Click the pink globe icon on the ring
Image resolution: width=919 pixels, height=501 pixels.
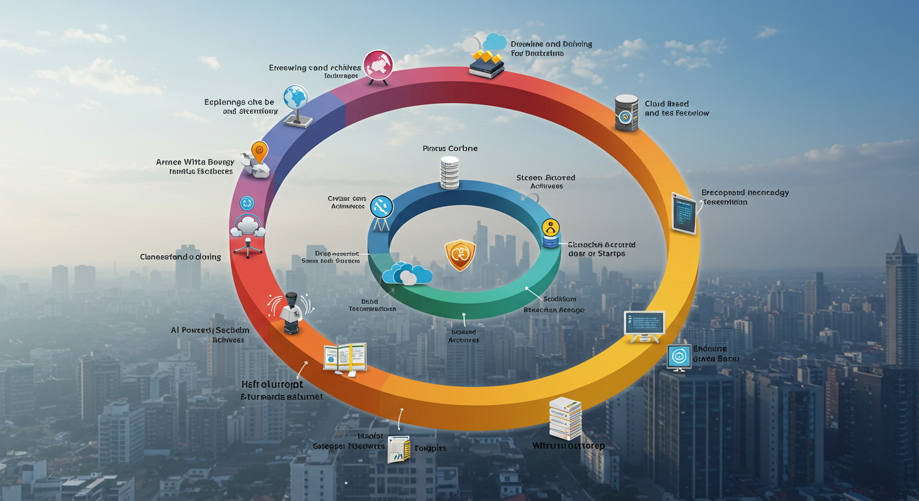click(x=377, y=65)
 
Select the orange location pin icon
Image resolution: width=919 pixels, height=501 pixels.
click(x=259, y=152)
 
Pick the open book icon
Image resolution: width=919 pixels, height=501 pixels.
click(x=345, y=357)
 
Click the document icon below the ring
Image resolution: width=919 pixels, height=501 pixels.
click(x=398, y=449)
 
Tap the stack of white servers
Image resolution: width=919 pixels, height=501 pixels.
click(x=565, y=417)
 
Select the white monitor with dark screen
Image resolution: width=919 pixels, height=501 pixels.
click(x=644, y=324)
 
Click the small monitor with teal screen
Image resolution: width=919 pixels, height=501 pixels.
click(x=679, y=357)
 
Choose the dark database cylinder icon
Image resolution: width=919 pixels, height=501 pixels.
click(x=626, y=113)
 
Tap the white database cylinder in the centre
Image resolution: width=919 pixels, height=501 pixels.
click(x=450, y=172)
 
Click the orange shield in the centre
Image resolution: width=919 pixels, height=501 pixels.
click(x=460, y=254)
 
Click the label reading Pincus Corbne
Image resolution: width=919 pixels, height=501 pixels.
click(x=450, y=148)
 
